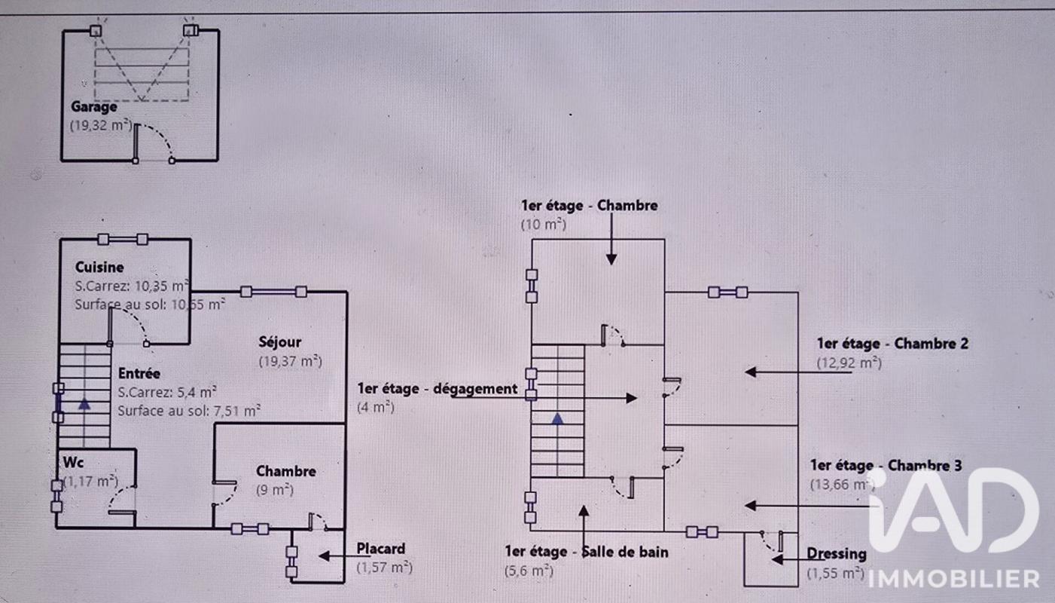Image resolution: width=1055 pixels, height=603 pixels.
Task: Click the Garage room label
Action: tap(93, 107)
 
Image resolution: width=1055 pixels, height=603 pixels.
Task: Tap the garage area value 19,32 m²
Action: tap(101, 125)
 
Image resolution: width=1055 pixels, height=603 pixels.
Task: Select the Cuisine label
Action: tap(99, 268)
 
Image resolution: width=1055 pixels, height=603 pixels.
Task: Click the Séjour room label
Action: tap(280, 341)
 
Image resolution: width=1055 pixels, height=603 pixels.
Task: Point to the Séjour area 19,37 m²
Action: tap(290, 361)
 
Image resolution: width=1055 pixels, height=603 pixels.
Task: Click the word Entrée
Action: tap(139, 373)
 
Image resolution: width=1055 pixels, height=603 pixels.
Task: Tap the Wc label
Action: tap(74, 462)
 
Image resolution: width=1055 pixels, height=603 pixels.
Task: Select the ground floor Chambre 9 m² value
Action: tap(275, 490)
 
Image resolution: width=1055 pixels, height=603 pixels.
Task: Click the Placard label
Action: tap(380, 549)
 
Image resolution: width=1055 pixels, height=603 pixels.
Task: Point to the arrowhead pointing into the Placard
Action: tap(324, 556)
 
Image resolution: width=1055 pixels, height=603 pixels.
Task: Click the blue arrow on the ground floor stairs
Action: tap(84, 404)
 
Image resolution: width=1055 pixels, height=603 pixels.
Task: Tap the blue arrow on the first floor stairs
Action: tap(558, 418)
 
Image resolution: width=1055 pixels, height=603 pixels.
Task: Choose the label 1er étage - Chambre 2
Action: tap(892, 344)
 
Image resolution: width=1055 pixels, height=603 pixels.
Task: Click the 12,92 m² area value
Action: tap(849, 363)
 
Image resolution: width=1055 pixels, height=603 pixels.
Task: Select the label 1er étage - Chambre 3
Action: tap(886, 466)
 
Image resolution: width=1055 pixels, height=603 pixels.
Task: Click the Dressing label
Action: tap(837, 554)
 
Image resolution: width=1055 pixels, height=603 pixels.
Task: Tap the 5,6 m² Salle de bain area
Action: tap(529, 571)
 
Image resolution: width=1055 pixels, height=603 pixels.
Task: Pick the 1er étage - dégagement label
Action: tap(437, 389)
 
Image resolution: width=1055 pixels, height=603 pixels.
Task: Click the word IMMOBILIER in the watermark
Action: tap(954, 579)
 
